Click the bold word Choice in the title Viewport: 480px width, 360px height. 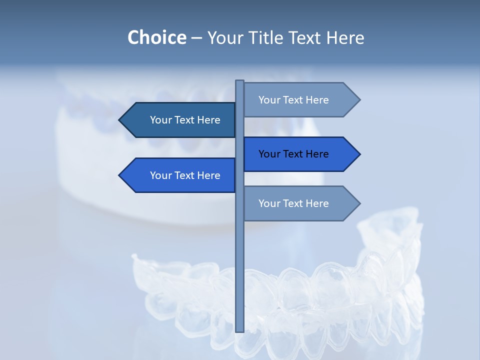point(156,37)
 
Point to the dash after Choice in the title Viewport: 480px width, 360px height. point(196,38)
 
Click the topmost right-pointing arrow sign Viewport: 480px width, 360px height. point(300,100)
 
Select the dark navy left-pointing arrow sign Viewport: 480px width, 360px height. point(180,120)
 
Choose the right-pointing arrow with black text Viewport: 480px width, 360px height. point(300,154)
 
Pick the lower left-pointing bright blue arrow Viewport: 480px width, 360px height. point(180,175)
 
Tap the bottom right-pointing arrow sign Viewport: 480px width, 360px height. point(300,203)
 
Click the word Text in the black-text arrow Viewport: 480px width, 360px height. point(293,154)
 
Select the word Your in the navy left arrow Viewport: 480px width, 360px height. point(161,120)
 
